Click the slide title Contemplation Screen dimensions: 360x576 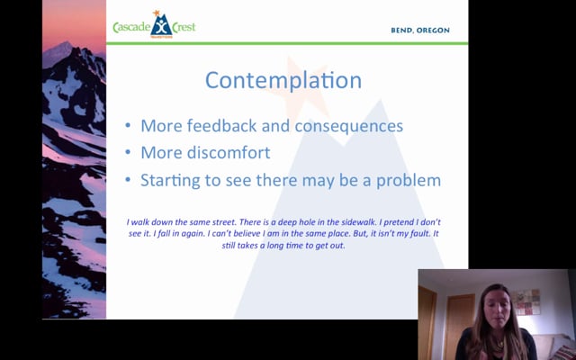coord(283,80)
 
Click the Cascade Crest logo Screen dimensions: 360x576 coord(154,25)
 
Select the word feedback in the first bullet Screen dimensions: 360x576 coord(220,126)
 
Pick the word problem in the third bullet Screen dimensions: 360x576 coord(408,180)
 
